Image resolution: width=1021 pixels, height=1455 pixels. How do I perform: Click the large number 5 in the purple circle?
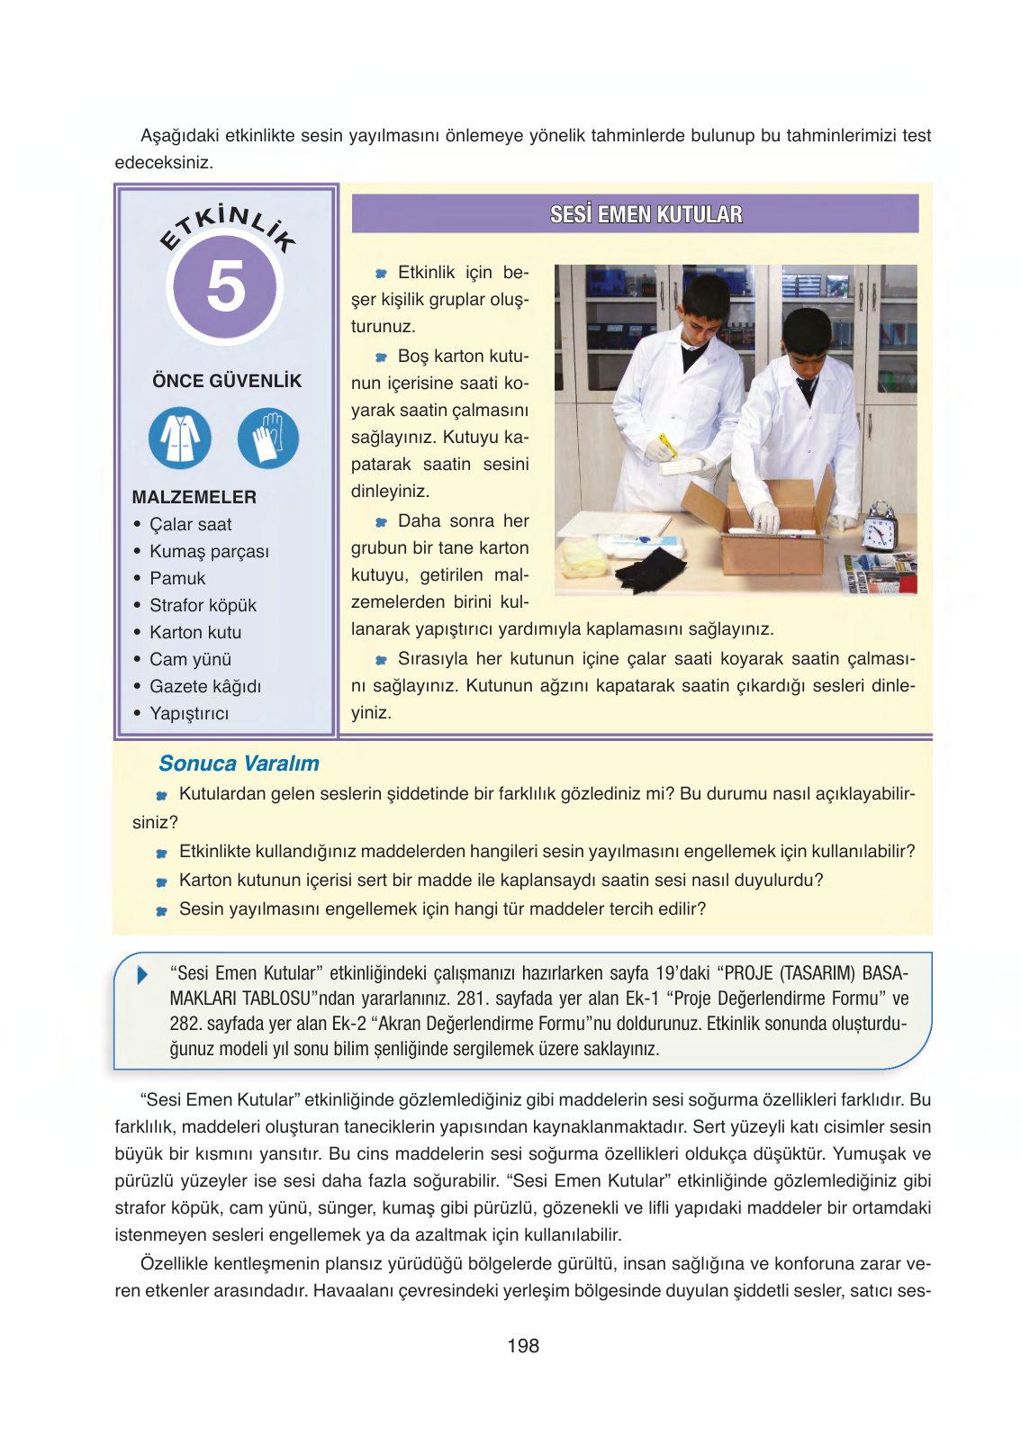tap(225, 285)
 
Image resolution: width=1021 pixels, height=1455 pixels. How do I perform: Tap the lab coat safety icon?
tap(179, 438)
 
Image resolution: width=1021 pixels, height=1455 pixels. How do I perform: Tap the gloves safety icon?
tap(267, 438)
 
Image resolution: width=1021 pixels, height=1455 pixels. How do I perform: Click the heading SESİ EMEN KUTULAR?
tap(646, 214)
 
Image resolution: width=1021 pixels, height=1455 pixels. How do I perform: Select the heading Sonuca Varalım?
tap(239, 763)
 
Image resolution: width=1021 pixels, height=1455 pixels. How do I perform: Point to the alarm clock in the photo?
tap(879, 527)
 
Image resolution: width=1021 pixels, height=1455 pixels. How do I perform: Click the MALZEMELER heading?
tap(194, 497)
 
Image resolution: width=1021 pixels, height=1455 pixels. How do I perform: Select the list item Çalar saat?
tap(190, 524)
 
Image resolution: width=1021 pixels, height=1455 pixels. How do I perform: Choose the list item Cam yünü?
tap(190, 659)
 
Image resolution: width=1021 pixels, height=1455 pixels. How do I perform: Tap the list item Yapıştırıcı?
tap(189, 713)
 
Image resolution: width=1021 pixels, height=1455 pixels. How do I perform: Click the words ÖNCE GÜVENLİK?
tap(227, 381)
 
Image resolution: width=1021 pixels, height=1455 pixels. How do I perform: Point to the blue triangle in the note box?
tap(142, 974)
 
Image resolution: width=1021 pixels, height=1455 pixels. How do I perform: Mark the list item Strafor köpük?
tap(203, 605)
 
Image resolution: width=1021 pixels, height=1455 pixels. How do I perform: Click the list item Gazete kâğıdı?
tap(205, 686)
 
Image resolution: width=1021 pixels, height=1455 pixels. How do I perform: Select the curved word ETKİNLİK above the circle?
tap(227, 227)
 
